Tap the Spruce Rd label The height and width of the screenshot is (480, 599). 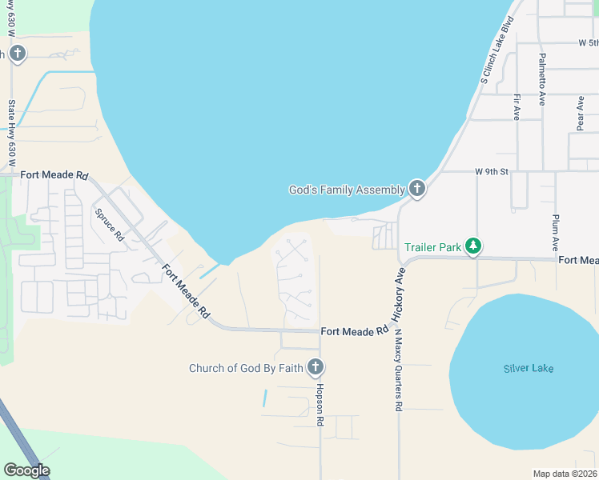(109, 226)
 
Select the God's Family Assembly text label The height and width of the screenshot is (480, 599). (347, 190)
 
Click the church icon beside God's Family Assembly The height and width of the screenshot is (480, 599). (416, 189)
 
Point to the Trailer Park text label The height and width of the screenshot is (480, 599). (432, 247)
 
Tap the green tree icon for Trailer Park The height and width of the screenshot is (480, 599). (473, 246)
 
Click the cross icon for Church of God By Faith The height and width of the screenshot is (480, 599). (316, 367)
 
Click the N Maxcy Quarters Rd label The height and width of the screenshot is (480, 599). (398, 372)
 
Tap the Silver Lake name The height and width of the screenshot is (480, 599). (529, 368)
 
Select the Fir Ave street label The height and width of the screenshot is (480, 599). (517, 106)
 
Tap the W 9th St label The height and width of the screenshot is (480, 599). (492, 170)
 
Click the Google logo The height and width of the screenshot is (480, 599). (26, 470)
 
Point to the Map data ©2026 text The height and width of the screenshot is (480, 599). (565, 474)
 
